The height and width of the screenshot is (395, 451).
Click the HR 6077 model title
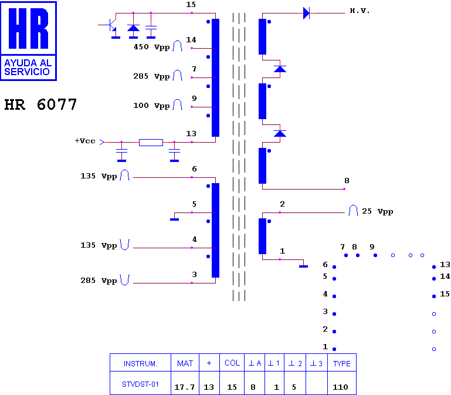pos(40,104)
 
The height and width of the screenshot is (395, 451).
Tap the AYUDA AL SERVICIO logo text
pos(28,67)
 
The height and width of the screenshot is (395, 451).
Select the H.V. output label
pos(360,11)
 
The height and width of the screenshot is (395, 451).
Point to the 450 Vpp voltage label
pos(151,47)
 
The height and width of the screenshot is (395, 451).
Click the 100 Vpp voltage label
pos(151,106)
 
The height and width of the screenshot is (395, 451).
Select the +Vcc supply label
pos(85,141)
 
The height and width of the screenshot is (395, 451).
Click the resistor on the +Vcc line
pos(151,142)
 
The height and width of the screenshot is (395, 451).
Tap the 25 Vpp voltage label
pos(377,211)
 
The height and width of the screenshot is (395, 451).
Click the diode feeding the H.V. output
pos(307,13)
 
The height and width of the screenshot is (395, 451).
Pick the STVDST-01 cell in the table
pos(140,384)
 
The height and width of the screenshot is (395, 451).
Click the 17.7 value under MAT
pos(184,387)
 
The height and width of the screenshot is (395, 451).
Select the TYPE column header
pos(342,364)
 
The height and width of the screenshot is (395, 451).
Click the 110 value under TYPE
pos(340,387)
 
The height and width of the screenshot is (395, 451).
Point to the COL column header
pos(232,363)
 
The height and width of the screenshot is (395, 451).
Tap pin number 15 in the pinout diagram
pos(445,294)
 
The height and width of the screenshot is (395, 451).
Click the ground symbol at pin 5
pos(174,220)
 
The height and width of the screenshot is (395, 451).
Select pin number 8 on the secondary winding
pos(347,181)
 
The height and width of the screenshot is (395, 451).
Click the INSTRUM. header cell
pos(140,364)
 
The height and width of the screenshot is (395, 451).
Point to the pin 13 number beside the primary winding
pos(191,134)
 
